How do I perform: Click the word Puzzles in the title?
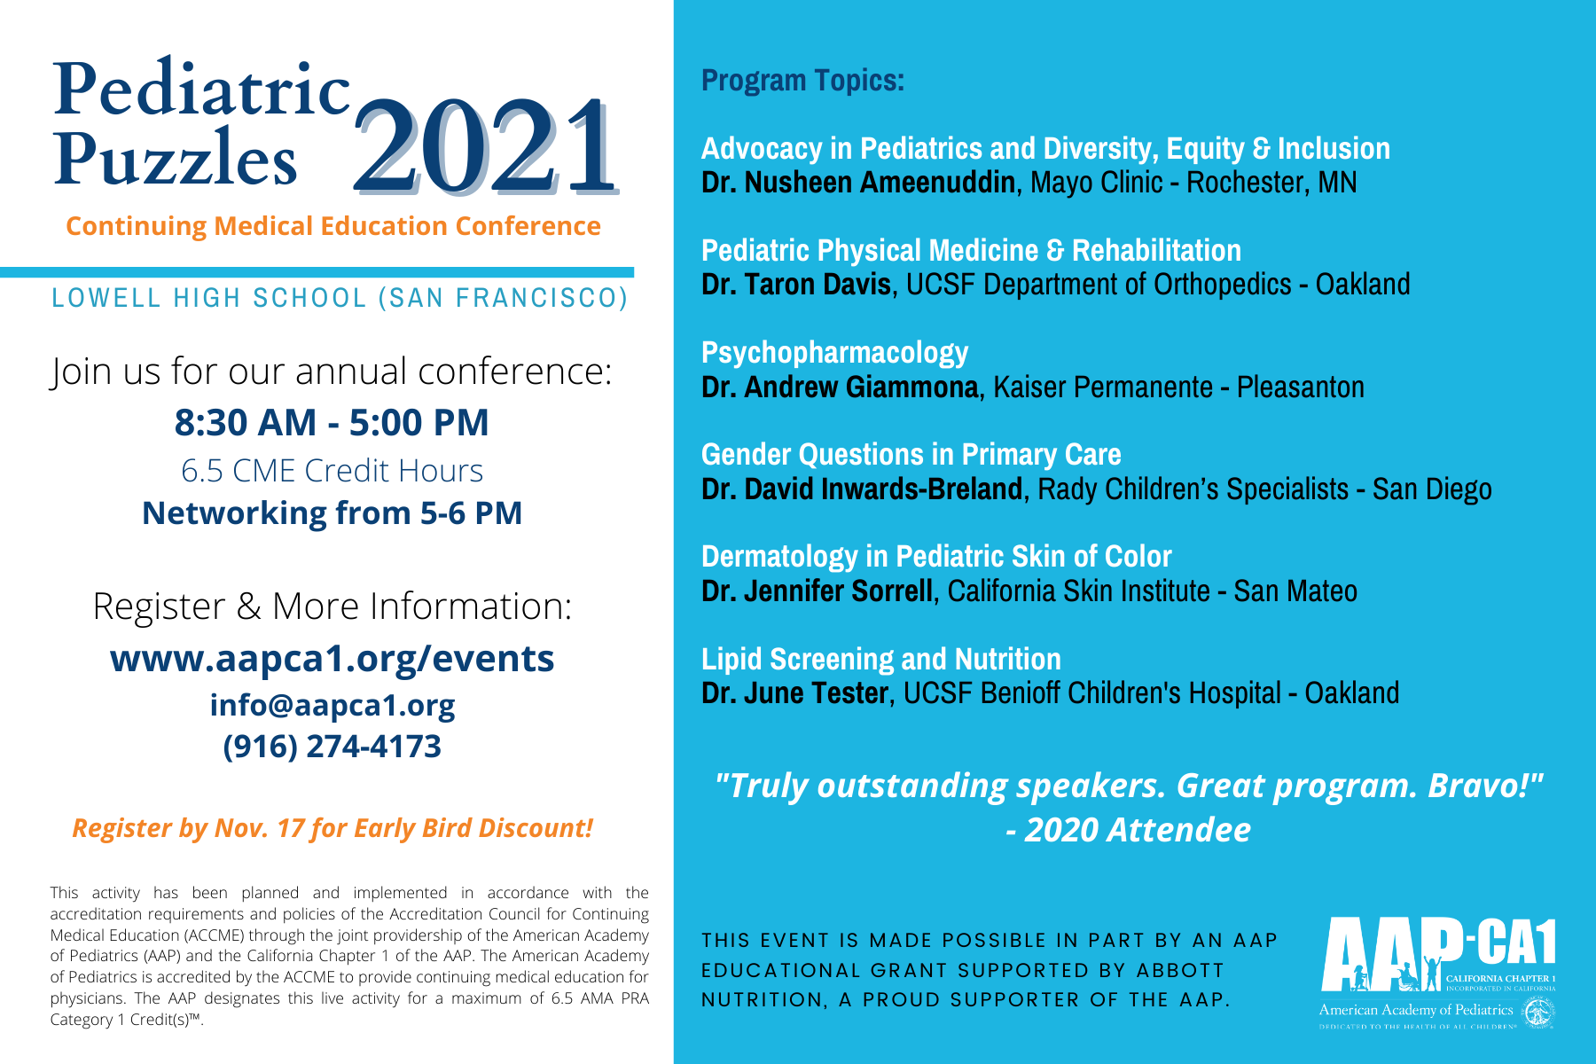click(x=176, y=160)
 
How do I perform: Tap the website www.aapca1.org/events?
click(x=332, y=659)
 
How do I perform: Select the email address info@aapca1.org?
click(x=332, y=705)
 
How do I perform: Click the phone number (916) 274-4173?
click(x=332, y=747)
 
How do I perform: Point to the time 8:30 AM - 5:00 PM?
click(x=332, y=422)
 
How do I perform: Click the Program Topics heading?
click(x=802, y=81)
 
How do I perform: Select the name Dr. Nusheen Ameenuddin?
click(x=857, y=183)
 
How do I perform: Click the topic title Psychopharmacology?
click(x=834, y=353)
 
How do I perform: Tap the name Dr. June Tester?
click(x=794, y=693)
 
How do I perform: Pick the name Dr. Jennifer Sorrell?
click(x=817, y=591)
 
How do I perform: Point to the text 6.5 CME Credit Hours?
click(x=332, y=471)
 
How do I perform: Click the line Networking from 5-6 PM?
click(x=332, y=513)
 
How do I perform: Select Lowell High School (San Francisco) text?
click(x=340, y=298)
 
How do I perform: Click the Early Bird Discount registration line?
click(x=332, y=828)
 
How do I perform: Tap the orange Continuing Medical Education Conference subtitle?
click(x=333, y=226)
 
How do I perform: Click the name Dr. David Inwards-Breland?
click(x=861, y=489)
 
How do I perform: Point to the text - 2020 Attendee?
click(x=1128, y=830)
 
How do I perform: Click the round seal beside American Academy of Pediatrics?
click(x=1538, y=1012)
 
